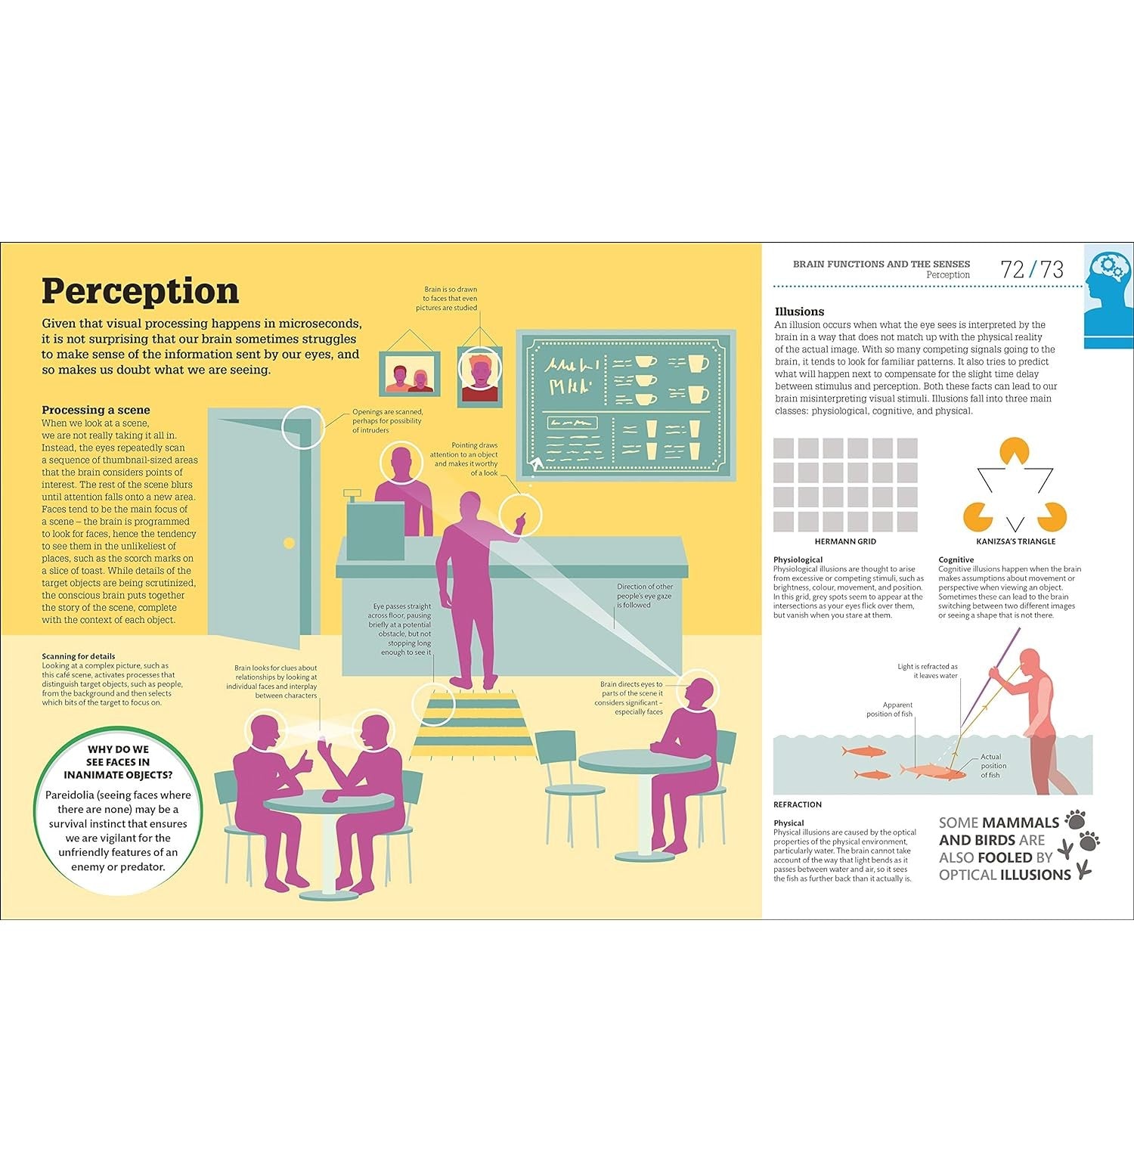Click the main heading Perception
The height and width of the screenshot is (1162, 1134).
pos(140,291)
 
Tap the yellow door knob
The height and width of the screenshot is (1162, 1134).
pos(288,543)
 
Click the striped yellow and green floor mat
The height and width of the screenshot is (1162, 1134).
pos(473,723)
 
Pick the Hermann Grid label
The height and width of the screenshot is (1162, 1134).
pos(845,541)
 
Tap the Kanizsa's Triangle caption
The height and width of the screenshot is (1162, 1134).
pos(1015,541)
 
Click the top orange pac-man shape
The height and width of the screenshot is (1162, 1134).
pos(1015,451)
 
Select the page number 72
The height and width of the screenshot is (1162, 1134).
pos(1013,269)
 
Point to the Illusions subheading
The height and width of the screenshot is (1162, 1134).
pos(799,311)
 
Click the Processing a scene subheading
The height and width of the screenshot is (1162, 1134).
pos(96,410)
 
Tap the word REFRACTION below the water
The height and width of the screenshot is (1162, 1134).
pos(798,804)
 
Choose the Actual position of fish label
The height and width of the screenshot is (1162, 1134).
pos(992,766)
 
